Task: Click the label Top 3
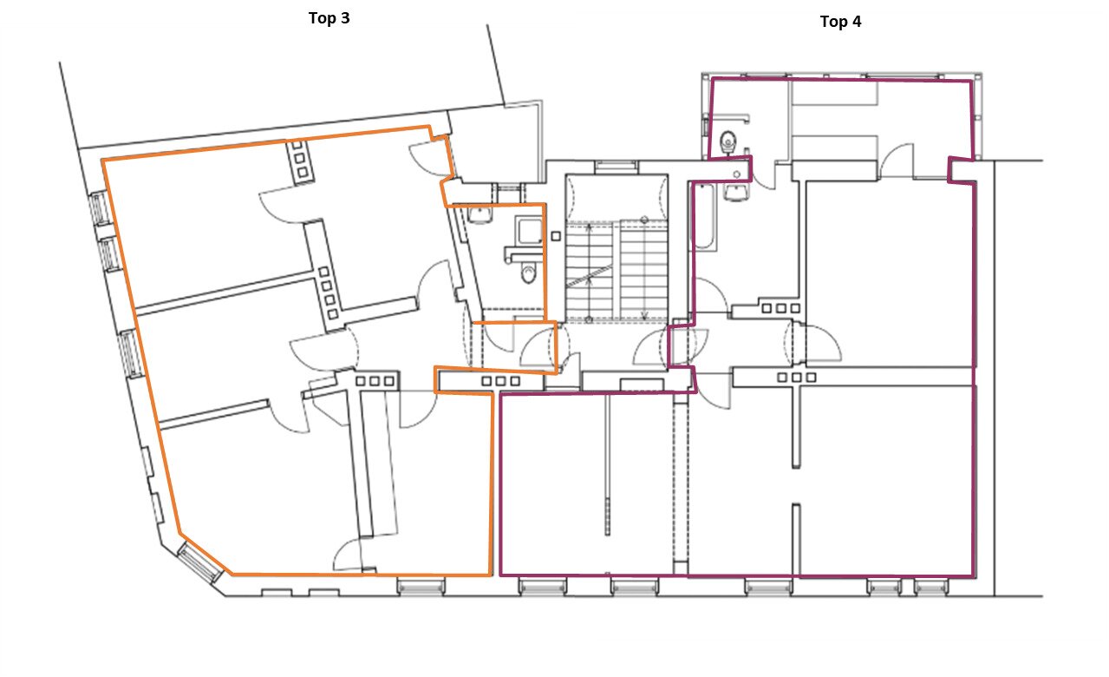[329, 18]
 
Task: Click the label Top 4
[840, 22]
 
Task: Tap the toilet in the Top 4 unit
[727, 141]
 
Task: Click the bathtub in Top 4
[704, 216]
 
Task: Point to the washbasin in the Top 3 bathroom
[479, 214]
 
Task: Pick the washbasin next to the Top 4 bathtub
[735, 193]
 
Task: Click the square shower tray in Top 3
[529, 231]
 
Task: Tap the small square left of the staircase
[556, 236]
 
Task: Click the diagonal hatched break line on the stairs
[589, 277]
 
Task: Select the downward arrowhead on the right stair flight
[644, 315]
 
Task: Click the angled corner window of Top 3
[199, 562]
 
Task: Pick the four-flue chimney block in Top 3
[329, 292]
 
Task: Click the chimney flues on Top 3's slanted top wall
[299, 159]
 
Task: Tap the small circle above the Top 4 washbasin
[737, 174]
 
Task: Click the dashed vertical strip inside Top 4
[681, 483]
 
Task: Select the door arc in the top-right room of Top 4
[896, 160]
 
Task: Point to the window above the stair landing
[616, 166]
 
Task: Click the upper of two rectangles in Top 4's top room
[834, 93]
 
